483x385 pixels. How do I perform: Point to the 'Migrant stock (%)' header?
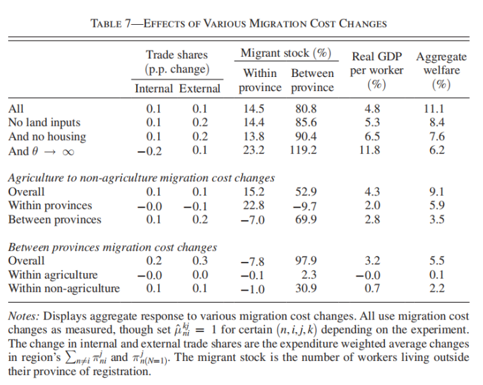tap(286, 54)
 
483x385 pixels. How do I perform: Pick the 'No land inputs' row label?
tap(44, 123)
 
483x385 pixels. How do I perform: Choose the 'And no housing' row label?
tap(47, 137)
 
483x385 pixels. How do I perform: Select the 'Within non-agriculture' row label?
tap(64, 289)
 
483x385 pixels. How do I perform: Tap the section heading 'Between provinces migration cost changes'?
tap(112, 247)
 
